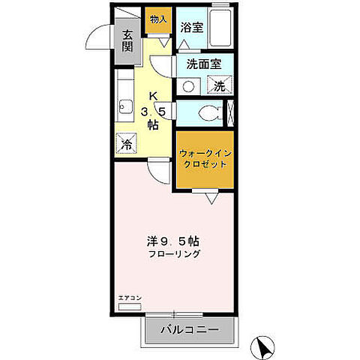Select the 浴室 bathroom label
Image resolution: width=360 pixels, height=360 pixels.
pos(191,28)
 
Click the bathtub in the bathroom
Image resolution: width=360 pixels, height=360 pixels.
pos(220,30)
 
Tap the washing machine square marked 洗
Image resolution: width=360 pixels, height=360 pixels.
pos(220,85)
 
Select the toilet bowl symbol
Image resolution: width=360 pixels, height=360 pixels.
pos(209,113)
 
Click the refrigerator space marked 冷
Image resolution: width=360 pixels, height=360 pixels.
pos(128,142)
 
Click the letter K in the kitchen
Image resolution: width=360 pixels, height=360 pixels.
pos(153,96)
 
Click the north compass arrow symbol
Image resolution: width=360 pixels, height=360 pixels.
pos(263,347)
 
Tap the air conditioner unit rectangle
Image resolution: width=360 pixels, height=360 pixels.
pos(130,307)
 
